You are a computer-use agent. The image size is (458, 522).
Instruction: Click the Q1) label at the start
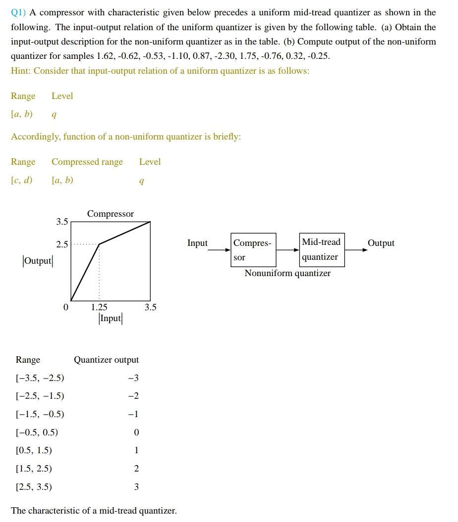point(18,12)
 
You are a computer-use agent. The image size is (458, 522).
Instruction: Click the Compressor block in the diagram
point(253,250)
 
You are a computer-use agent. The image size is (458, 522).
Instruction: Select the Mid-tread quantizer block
point(321,250)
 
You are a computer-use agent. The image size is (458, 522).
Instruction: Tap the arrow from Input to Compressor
point(219,250)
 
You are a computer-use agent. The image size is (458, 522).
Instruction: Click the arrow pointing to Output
point(356,250)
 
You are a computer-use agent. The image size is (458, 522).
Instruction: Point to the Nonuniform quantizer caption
point(287,273)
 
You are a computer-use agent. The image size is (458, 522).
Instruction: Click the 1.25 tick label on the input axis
point(99,307)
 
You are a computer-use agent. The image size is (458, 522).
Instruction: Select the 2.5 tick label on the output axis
point(61,244)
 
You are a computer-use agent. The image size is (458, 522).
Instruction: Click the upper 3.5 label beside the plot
point(61,222)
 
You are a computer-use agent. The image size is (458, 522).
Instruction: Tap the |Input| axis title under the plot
point(110,318)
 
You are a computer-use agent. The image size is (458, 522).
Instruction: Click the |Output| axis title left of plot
point(37,261)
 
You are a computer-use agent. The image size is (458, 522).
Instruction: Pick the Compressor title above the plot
point(110,214)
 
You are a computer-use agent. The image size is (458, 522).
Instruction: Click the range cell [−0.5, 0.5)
point(37,432)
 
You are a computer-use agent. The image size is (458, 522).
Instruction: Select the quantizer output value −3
point(133,378)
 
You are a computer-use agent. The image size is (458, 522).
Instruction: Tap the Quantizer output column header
point(106,360)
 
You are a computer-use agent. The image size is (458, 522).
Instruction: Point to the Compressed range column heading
point(87,162)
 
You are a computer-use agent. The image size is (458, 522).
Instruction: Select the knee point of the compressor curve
point(99,244)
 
